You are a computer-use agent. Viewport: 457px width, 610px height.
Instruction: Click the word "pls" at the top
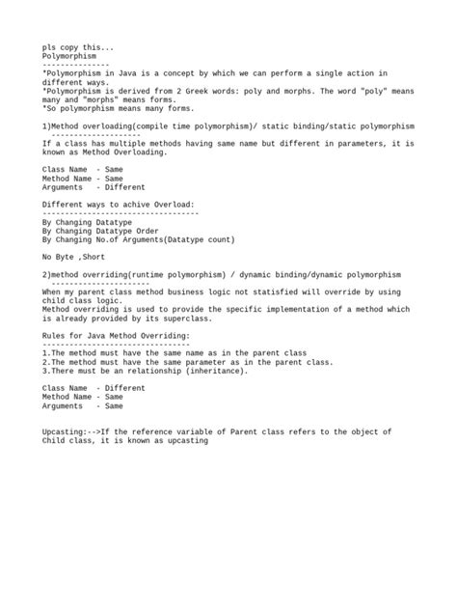click(49, 47)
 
